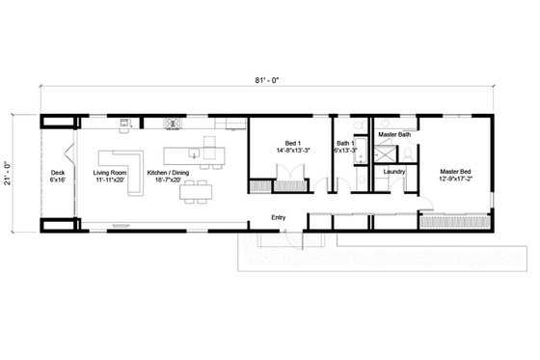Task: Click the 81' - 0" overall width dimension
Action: point(268,81)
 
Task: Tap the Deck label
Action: point(58,173)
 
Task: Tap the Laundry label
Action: point(393,172)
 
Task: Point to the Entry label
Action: point(280,217)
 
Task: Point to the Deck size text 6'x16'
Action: point(58,180)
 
